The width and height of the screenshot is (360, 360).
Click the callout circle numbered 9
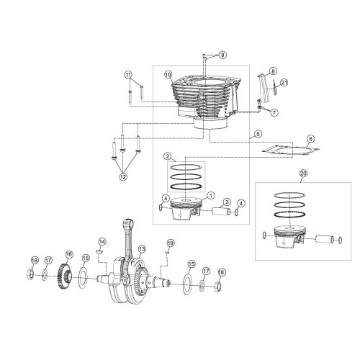222,55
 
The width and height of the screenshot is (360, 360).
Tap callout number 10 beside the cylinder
168,74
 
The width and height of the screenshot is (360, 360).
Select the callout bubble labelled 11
128,75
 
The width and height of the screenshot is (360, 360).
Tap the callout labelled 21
274,112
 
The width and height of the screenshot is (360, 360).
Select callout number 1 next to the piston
211,195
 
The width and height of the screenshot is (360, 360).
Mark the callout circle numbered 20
302,174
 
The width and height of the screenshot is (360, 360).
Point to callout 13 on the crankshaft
142,248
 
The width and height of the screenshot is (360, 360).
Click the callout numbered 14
102,241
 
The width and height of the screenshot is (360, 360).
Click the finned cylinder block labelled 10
202,101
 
